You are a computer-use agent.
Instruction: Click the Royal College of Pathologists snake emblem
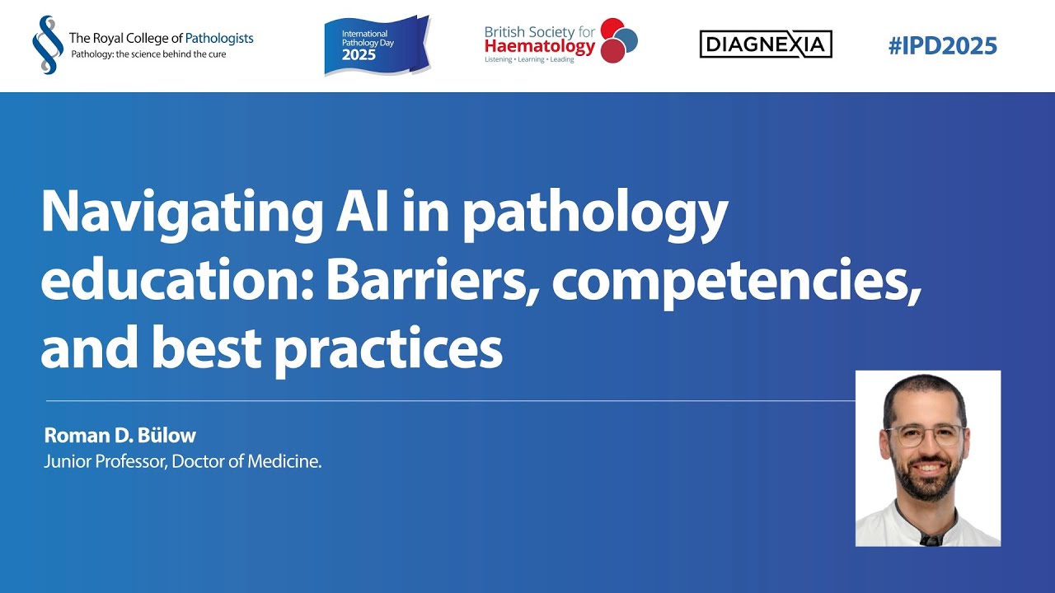pyautogui.click(x=48, y=44)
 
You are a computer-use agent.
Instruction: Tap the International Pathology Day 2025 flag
pyautogui.click(x=377, y=45)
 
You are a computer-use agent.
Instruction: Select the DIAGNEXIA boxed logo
pyautogui.click(x=766, y=44)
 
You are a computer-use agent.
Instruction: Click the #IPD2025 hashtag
pyautogui.click(x=943, y=45)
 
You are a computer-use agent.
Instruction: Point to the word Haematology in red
pyautogui.click(x=540, y=47)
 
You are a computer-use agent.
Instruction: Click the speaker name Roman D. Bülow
pyautogui.click(x=120, y=436)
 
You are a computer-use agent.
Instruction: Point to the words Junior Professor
pyautogui.click(x=105, y=462)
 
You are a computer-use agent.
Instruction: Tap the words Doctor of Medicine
pyautogui.click(x=246, y=461)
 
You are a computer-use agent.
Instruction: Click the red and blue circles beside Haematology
pyautogui.click(x=618, y=40)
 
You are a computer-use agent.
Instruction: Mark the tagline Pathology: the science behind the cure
pyautogui.click(x=148, y=54)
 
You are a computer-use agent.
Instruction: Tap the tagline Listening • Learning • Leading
pyautogui.click(x=529, y=60)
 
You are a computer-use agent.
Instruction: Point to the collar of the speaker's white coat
pyautogui.click(x=927, y=526)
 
